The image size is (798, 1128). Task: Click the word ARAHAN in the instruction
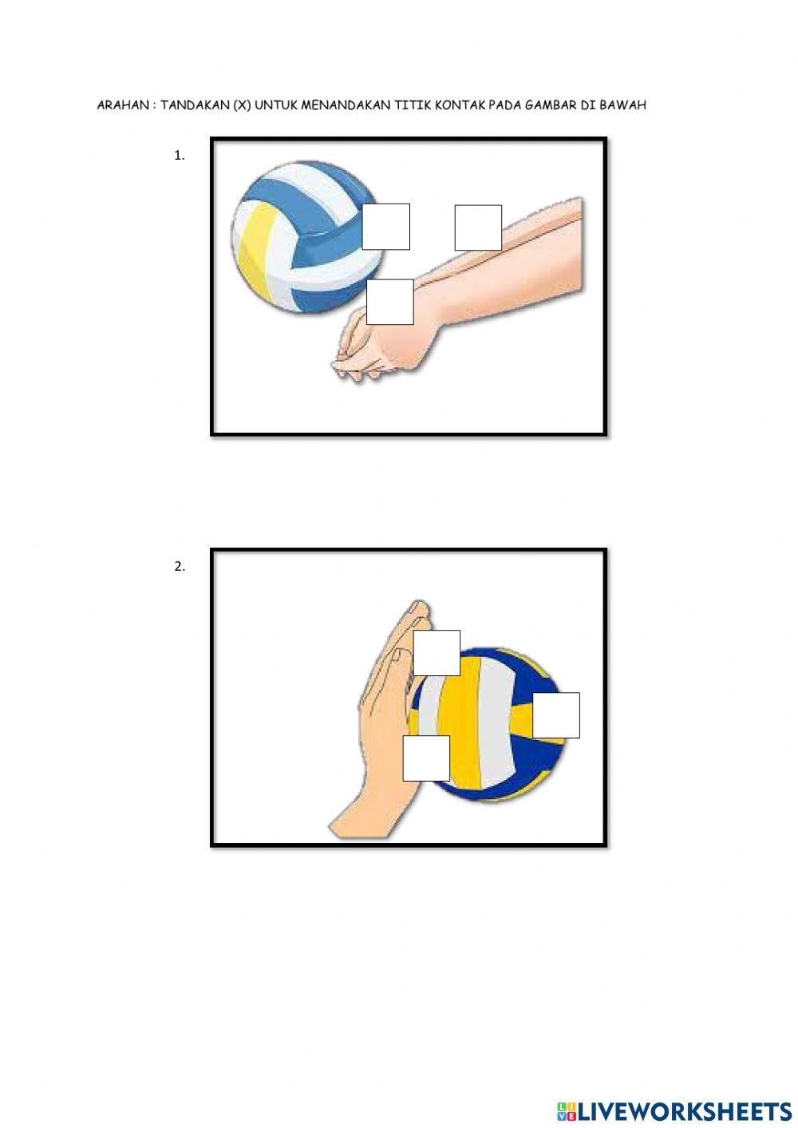(x=123, y=105)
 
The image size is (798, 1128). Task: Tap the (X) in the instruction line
(x=242, y=105)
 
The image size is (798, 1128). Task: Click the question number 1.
(x=180, y=156)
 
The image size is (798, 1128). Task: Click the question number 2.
(x=180, y=567)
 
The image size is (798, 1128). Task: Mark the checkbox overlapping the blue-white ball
(x=386, y=227)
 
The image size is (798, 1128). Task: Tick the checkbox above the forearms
(x=478, y=228)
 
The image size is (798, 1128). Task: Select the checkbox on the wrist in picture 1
(x=390, y=302)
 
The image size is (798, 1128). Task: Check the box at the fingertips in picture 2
(x=437, y=653)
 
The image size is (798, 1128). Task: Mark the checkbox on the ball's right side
(x=556, y=715)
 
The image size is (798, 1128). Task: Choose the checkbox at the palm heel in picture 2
(x=426, y=758)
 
